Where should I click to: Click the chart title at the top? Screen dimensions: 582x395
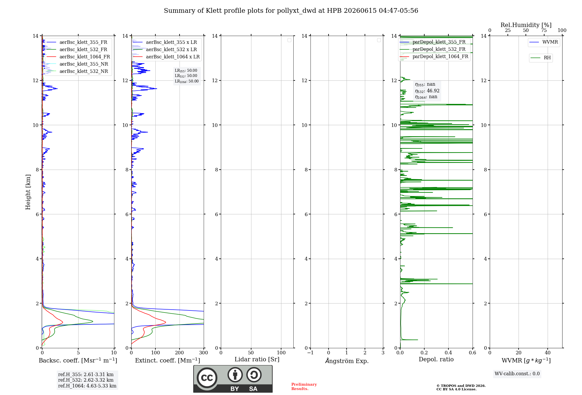291,11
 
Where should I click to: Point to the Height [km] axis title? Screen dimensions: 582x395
28,192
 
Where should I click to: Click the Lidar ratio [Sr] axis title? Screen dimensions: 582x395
257,360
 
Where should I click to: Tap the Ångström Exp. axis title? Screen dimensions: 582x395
347,361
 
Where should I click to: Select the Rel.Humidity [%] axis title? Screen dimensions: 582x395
526,25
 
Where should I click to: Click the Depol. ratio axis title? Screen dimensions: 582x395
436,360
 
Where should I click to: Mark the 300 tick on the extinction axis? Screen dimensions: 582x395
204,353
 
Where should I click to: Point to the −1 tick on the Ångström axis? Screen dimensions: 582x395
310,353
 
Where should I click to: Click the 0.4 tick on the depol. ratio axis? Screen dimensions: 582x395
448,353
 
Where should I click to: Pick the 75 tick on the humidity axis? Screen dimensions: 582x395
544,30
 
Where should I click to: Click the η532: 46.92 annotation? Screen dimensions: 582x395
427,91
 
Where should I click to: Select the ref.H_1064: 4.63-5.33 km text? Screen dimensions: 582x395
87,386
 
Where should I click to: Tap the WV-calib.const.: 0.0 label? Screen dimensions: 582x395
517,374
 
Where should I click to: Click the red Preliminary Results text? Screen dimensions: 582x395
304,387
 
